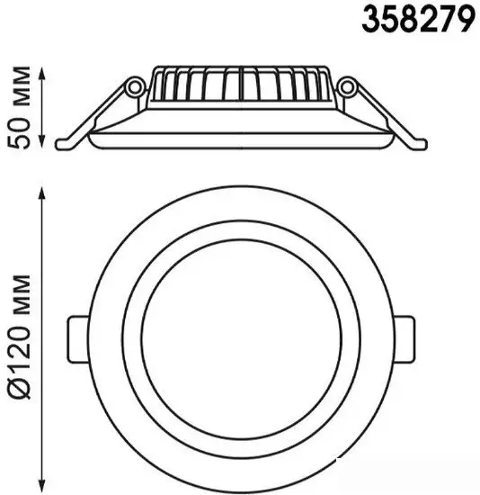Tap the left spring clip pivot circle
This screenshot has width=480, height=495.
[x=136, y=86]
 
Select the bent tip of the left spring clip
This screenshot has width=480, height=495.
[x=65, y=144]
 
